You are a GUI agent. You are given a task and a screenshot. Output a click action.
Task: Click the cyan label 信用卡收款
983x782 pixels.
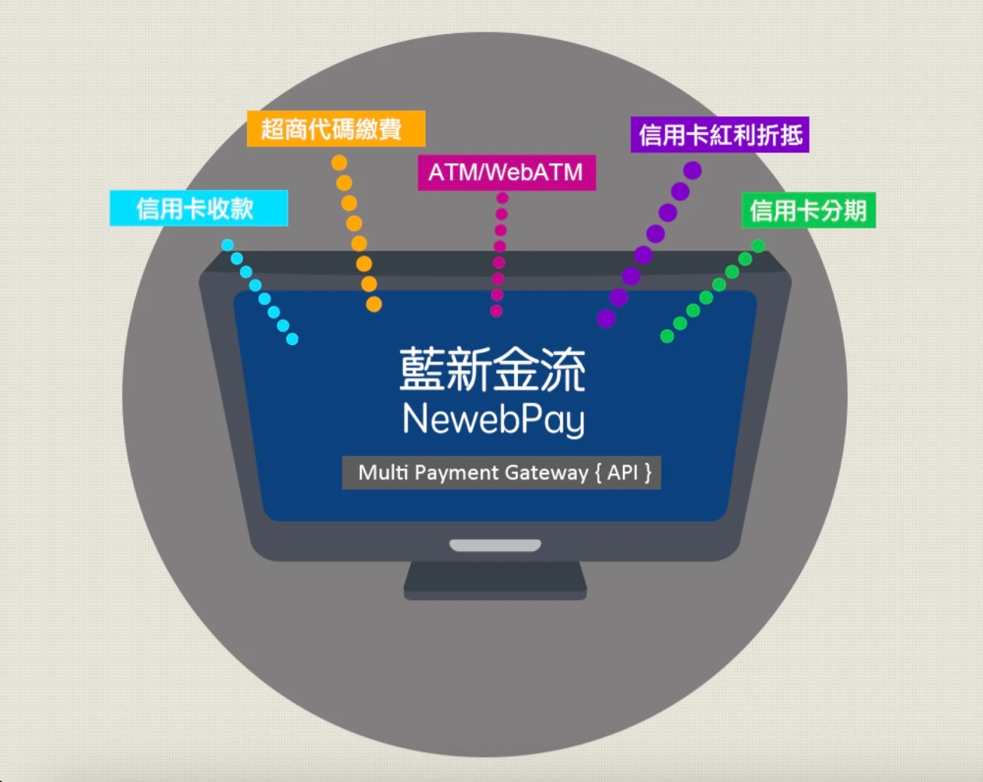click(x=199, y=208)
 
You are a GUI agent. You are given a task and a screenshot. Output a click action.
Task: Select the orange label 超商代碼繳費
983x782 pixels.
click(x=336, y=129)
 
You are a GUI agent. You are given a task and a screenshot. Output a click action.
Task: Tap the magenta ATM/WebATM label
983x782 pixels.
click(x=507, y=173)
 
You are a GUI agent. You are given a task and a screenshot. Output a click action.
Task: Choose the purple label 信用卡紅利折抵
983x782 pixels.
click(x=720, y=135)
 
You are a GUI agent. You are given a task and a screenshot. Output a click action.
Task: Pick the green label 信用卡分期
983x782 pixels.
click(x=809, y=211)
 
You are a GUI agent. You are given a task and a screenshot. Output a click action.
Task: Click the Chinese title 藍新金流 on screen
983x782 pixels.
click(x=492, y=370)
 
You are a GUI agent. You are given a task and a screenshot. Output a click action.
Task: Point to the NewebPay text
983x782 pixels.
click(x=494, y=420)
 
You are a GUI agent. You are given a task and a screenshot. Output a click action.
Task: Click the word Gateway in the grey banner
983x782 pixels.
click(x=546, y=473)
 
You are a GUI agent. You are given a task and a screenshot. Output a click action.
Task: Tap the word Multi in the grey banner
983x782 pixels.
click(x=383, y=473)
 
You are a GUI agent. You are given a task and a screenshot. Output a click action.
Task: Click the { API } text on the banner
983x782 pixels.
click(x=623, y=473)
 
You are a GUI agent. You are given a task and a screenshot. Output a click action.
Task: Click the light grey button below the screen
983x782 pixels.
click(x=495, y=545)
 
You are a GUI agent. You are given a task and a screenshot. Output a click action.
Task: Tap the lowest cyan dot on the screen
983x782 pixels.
click(x=292, y=340)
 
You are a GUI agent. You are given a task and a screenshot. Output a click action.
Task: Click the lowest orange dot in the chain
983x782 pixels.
click(x=374, y=304)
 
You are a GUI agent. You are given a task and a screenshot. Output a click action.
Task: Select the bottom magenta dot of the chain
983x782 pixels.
click(x=496, y=310)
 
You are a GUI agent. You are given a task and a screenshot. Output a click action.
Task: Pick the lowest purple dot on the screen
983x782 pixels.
click(x=606, y=319)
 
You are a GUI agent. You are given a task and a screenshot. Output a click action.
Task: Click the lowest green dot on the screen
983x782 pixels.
click(x=667, y=336)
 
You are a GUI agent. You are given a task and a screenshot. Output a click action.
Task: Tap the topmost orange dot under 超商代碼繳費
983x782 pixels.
click(x=339, y=162)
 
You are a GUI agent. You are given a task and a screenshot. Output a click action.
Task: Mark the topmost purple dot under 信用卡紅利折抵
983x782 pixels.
click(x=692, y=171)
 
